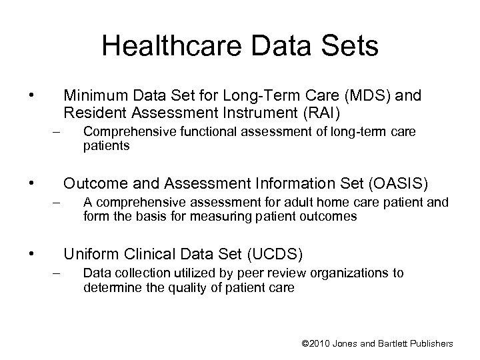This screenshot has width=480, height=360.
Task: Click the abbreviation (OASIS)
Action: pos(395,182)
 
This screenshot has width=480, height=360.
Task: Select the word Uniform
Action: pos(89,255)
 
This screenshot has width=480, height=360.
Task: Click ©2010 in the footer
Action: pos(316,343)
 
